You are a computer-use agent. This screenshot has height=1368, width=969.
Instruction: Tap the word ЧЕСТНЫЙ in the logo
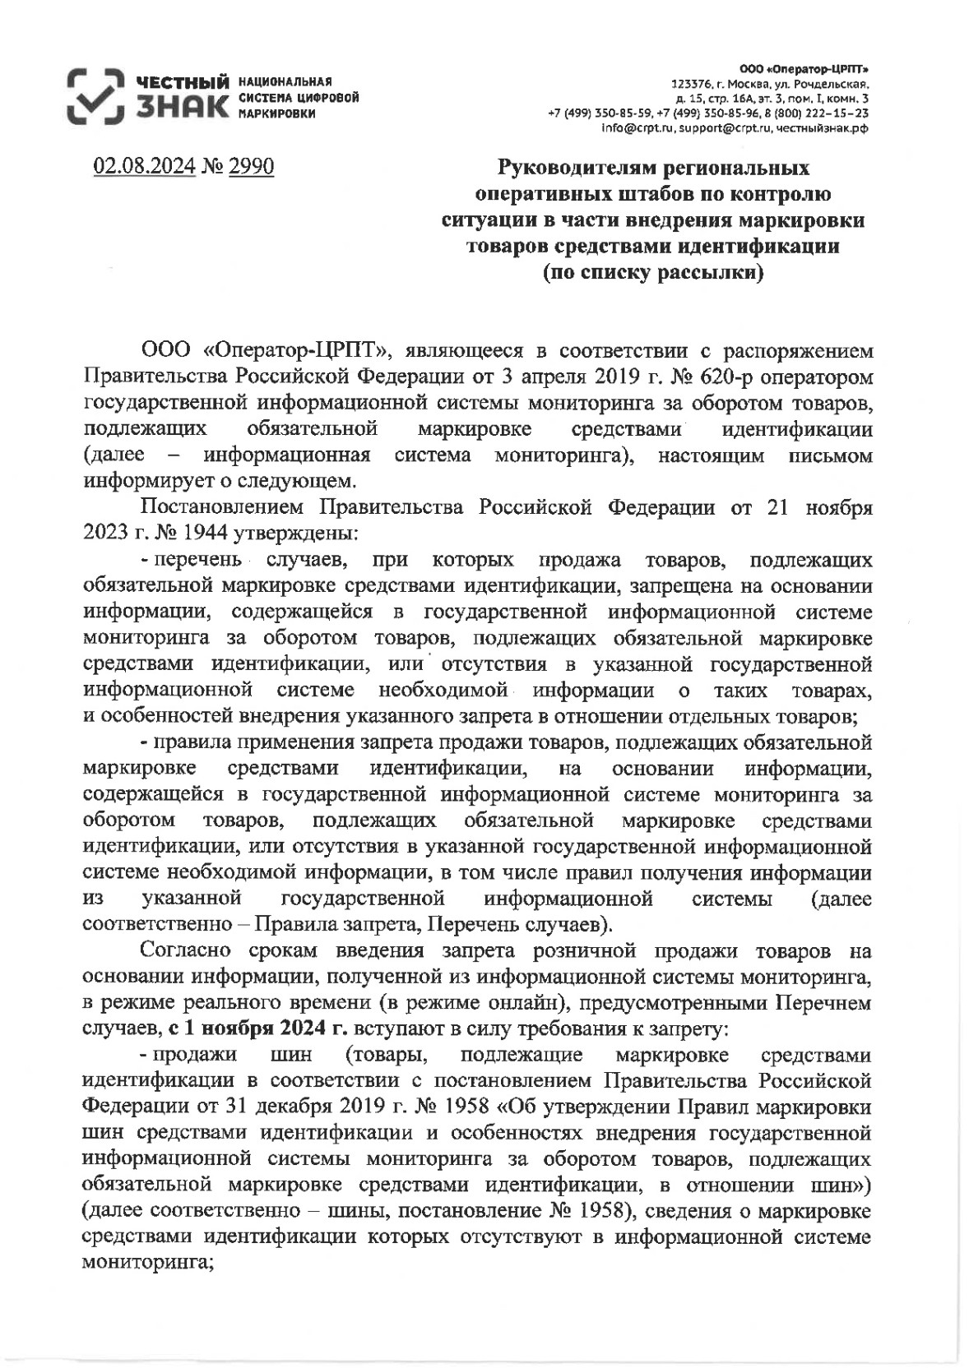point(183,83)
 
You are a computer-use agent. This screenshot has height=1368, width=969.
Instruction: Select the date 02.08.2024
point(145,167)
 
